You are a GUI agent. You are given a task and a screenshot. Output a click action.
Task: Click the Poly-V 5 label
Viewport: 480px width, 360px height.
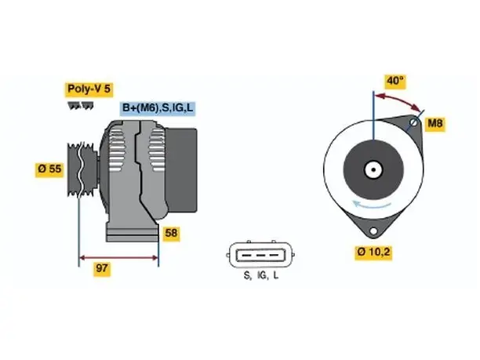click(89, 89)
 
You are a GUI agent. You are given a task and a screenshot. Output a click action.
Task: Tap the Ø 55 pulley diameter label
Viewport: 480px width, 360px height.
click(49, 169)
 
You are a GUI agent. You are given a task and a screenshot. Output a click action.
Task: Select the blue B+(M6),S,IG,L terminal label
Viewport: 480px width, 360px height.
click(158, 108)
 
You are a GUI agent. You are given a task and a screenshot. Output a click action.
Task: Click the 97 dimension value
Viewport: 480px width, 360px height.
click(102, 268)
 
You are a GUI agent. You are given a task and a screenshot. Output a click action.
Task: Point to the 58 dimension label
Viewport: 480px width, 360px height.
click(171, 234)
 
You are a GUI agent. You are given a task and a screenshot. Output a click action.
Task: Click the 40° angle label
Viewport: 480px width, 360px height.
click(395, 81)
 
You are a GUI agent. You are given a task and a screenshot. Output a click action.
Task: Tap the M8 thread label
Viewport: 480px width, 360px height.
click(435, 123)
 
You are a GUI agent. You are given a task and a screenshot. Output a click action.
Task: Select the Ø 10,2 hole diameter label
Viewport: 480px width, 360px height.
click(373, 252)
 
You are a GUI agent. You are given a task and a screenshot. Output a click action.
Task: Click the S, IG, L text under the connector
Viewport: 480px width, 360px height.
click(261, 275)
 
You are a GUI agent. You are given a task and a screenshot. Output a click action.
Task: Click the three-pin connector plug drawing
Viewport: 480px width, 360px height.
click(260, 255)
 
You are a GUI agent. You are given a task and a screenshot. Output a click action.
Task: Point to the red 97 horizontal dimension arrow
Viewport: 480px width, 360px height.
click(118, 258)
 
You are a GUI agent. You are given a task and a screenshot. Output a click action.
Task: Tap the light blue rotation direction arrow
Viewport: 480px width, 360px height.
click(372, 205)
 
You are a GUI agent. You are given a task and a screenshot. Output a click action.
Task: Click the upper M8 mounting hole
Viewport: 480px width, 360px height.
click(414, 122)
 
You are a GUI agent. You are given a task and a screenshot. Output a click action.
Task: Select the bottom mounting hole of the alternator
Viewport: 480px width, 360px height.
click(373, 231)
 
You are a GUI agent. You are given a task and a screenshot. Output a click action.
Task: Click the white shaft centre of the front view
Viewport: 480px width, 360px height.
click(373, 169)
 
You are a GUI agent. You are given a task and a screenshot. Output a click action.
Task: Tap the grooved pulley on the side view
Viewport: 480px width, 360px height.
click(82, 170)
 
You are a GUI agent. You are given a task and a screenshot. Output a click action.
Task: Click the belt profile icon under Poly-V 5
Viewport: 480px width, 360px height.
click(81, 106)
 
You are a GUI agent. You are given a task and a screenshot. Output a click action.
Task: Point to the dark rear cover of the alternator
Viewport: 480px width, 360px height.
click(181, 170)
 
